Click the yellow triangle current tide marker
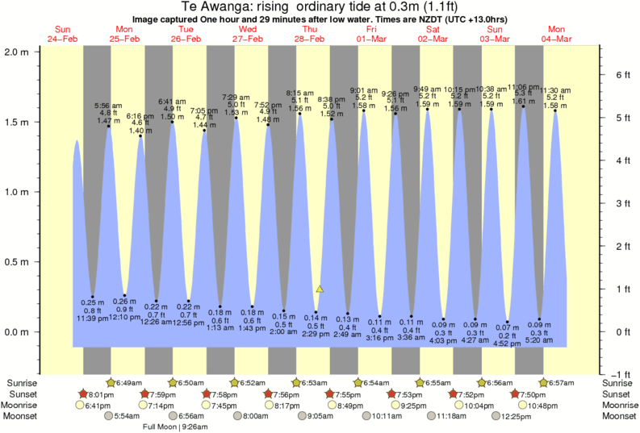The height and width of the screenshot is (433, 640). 320,288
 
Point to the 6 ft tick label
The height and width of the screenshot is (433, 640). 622,74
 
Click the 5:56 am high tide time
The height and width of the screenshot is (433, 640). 108,106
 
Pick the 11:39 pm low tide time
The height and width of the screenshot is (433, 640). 91,319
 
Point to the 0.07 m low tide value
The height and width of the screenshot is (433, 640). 508,326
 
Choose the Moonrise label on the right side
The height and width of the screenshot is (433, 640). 617,406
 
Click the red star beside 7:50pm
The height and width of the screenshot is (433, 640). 515,394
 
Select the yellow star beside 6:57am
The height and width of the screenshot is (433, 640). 544,381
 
